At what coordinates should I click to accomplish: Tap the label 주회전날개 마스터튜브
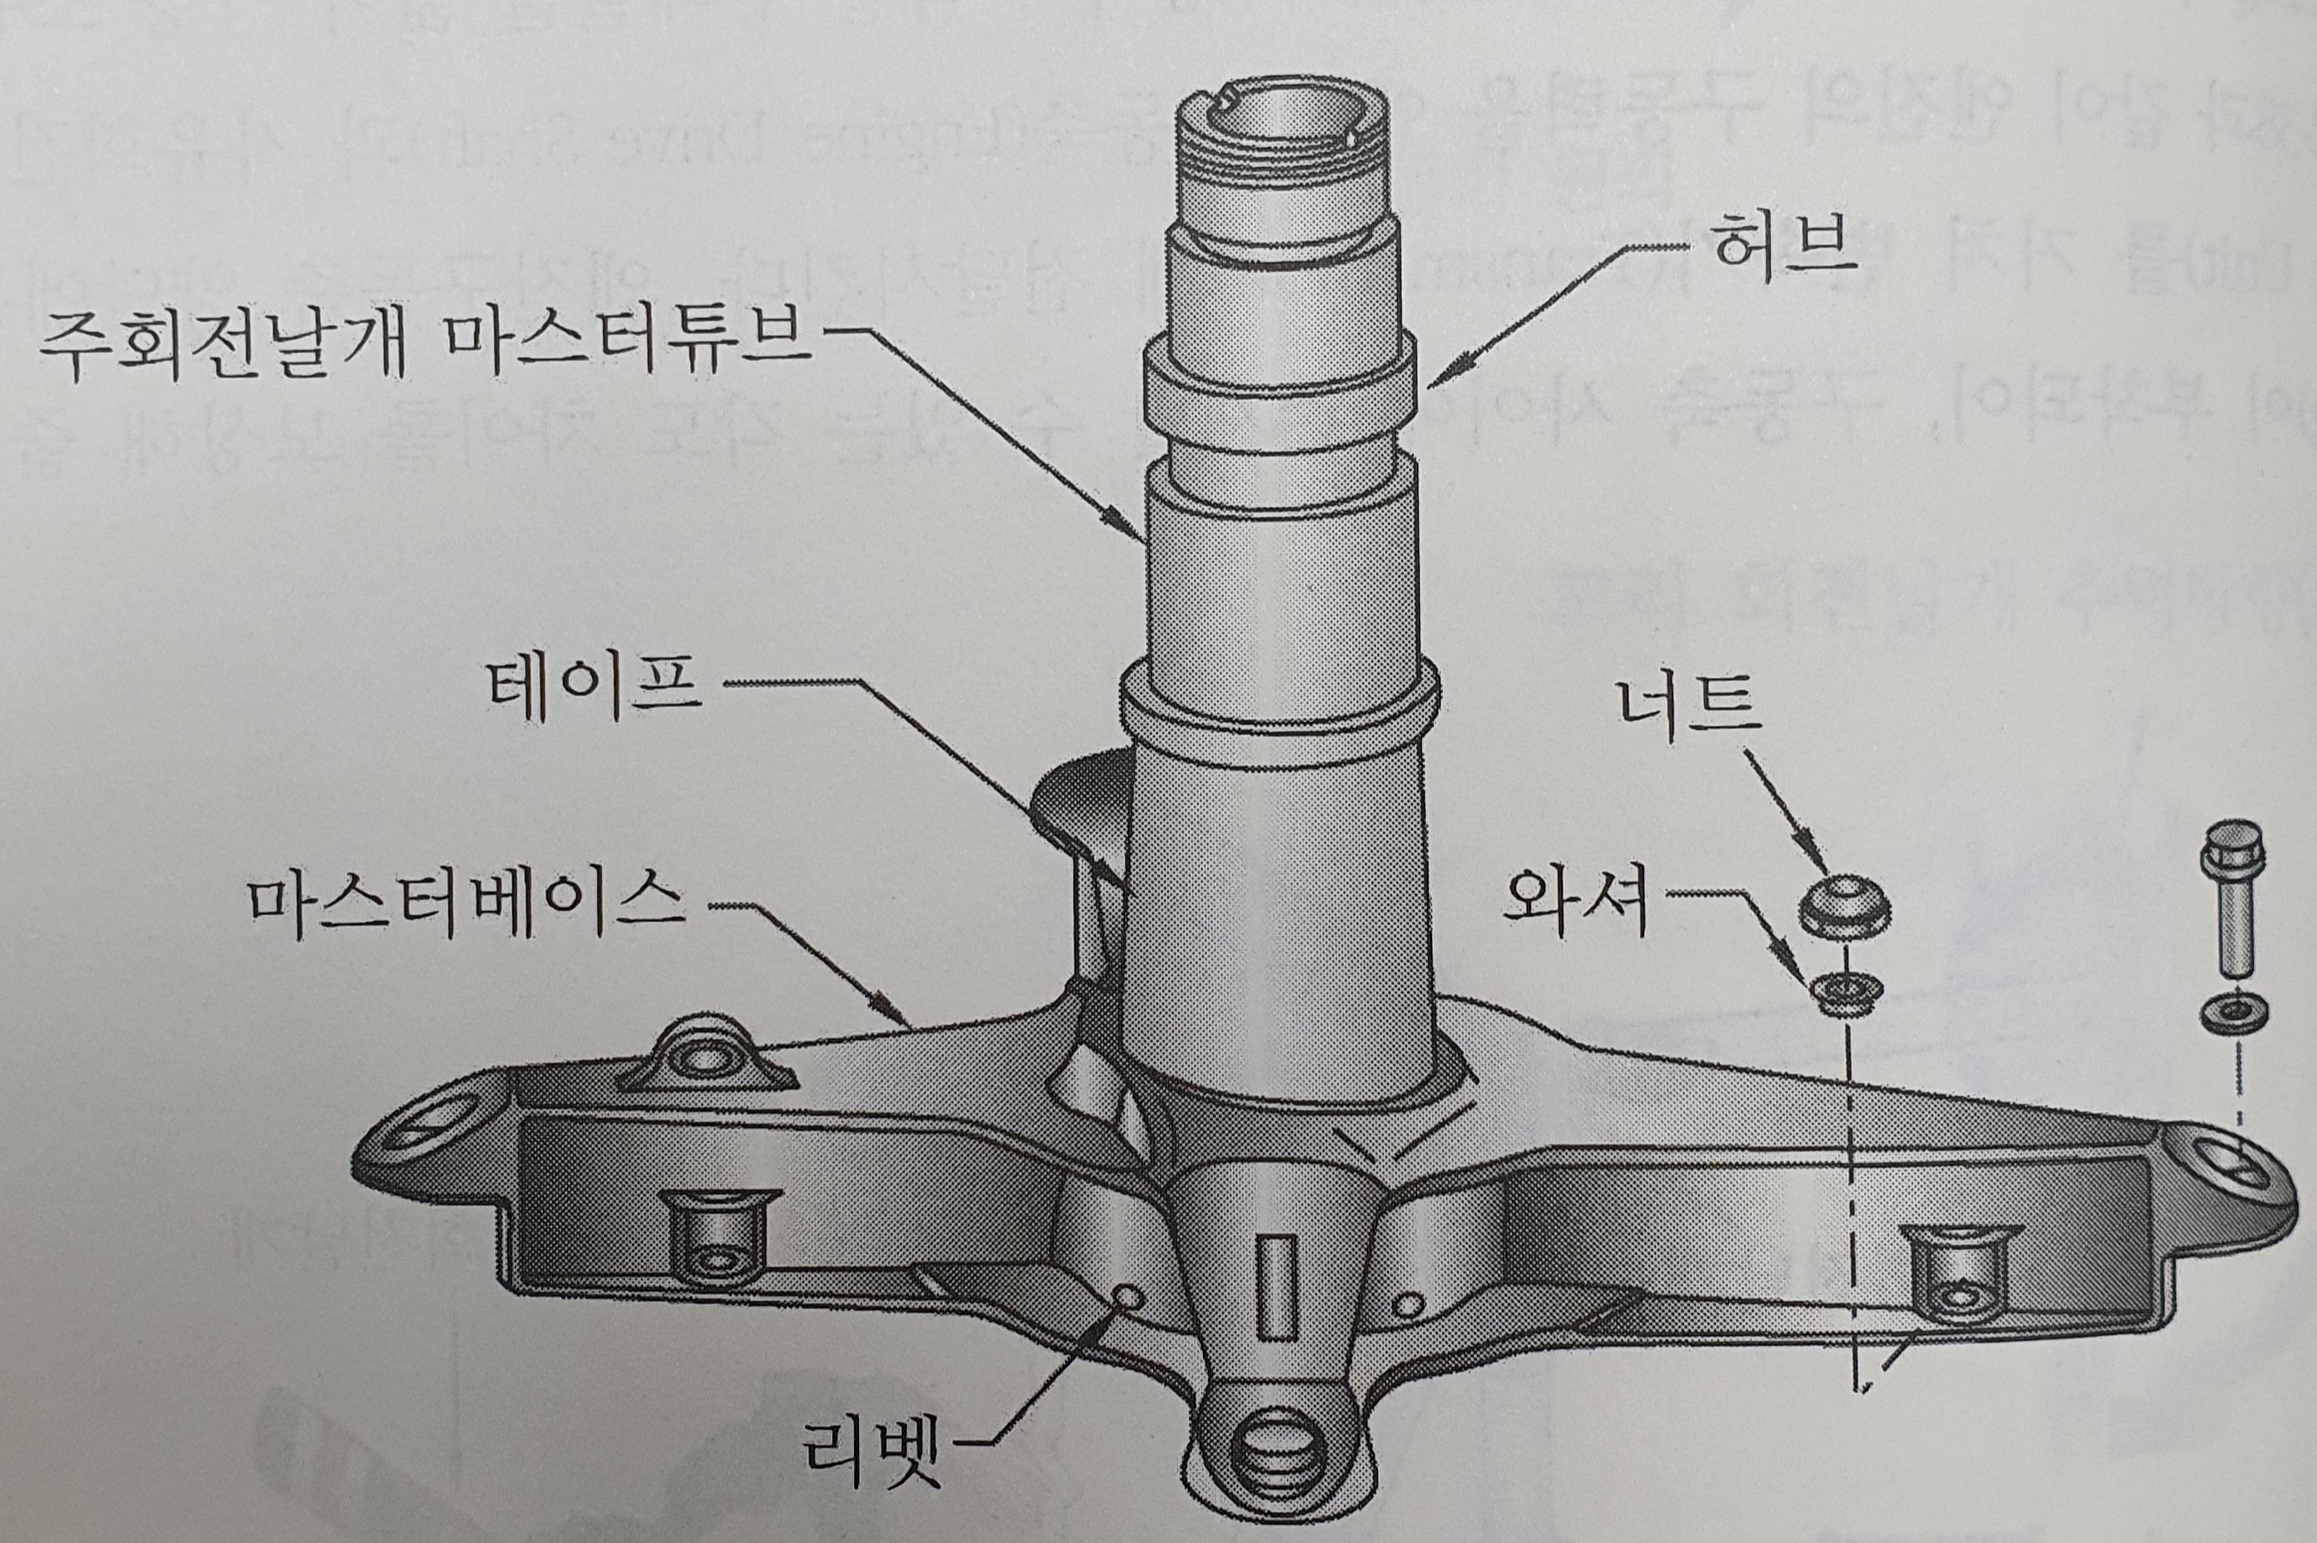coord(424,344)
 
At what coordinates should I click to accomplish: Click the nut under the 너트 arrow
coord(1844,905)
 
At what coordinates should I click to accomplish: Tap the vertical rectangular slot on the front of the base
coord(1277,1285)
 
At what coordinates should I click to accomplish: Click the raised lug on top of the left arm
coord(704,1060)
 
